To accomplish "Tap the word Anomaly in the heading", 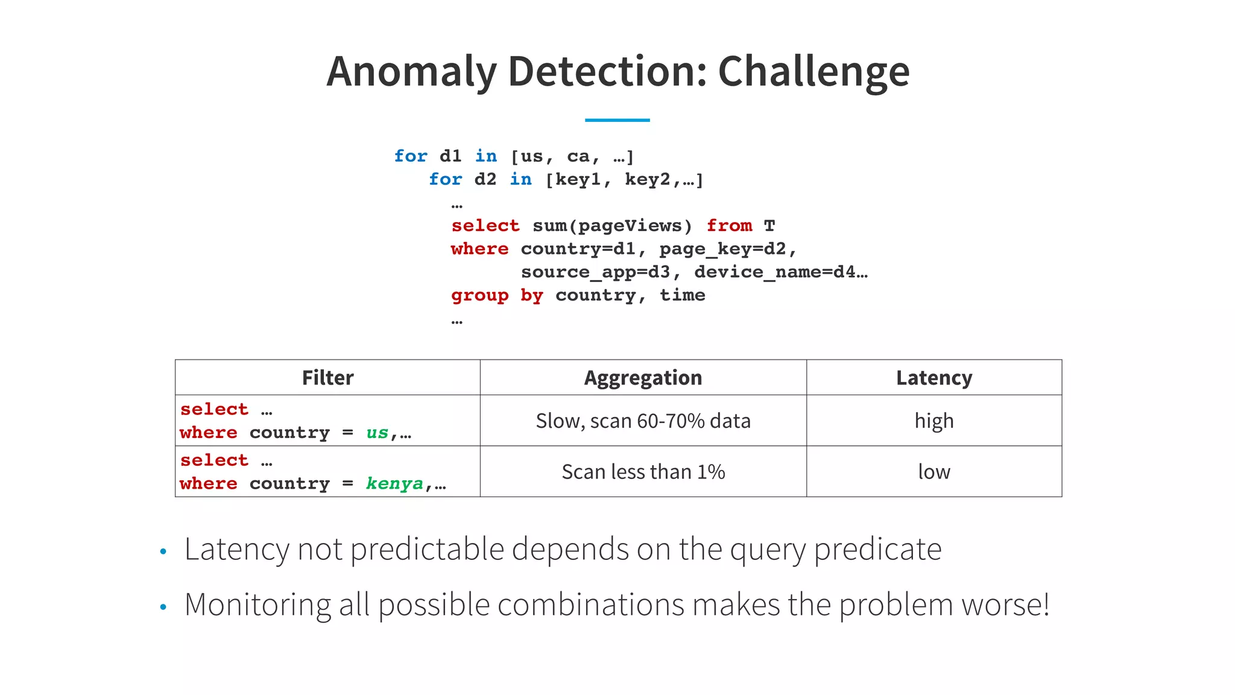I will coord(411,72).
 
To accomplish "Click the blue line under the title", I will coord(617,120).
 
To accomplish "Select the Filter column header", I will coord(327,378).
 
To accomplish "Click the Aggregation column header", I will coord(643,378).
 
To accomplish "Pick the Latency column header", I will coord(933,378).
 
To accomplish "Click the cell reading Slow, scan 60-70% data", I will coord(643,420).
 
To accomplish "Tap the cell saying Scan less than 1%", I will coord(643,472).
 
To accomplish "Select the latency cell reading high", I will coord(933,420).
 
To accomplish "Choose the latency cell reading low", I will coord(933,472).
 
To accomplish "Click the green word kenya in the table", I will coord(394,484).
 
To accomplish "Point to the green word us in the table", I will coord(377,433).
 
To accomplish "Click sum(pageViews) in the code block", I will coord(611,226).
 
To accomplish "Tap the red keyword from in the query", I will coord(729,226).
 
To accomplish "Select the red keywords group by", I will coord(497,296).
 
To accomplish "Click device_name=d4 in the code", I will coord(774,272).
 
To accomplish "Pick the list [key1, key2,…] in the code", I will coord(624,180).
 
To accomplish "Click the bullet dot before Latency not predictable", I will coord(163,551).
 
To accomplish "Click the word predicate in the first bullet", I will coord(877,550).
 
